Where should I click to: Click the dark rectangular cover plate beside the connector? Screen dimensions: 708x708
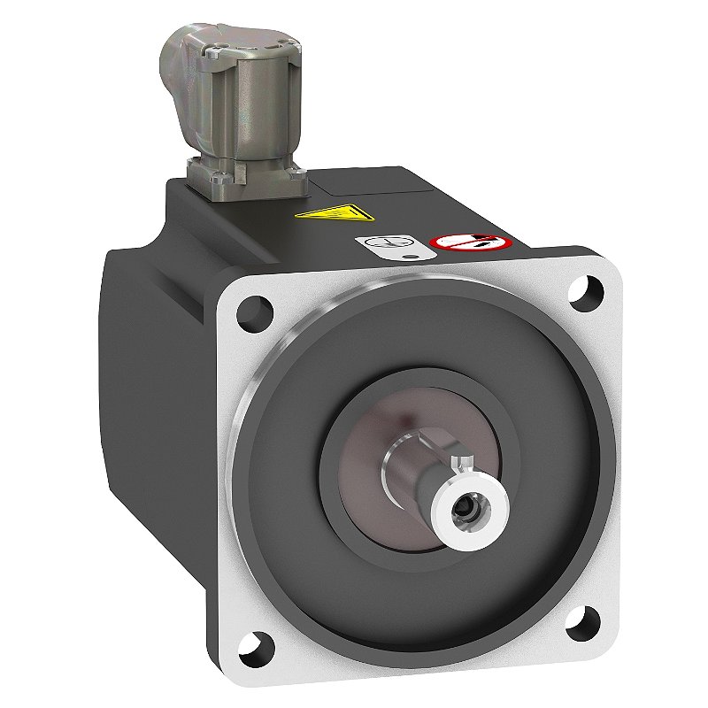(x=372, y=181)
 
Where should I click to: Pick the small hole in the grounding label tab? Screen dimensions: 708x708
(x=409, y=259)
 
